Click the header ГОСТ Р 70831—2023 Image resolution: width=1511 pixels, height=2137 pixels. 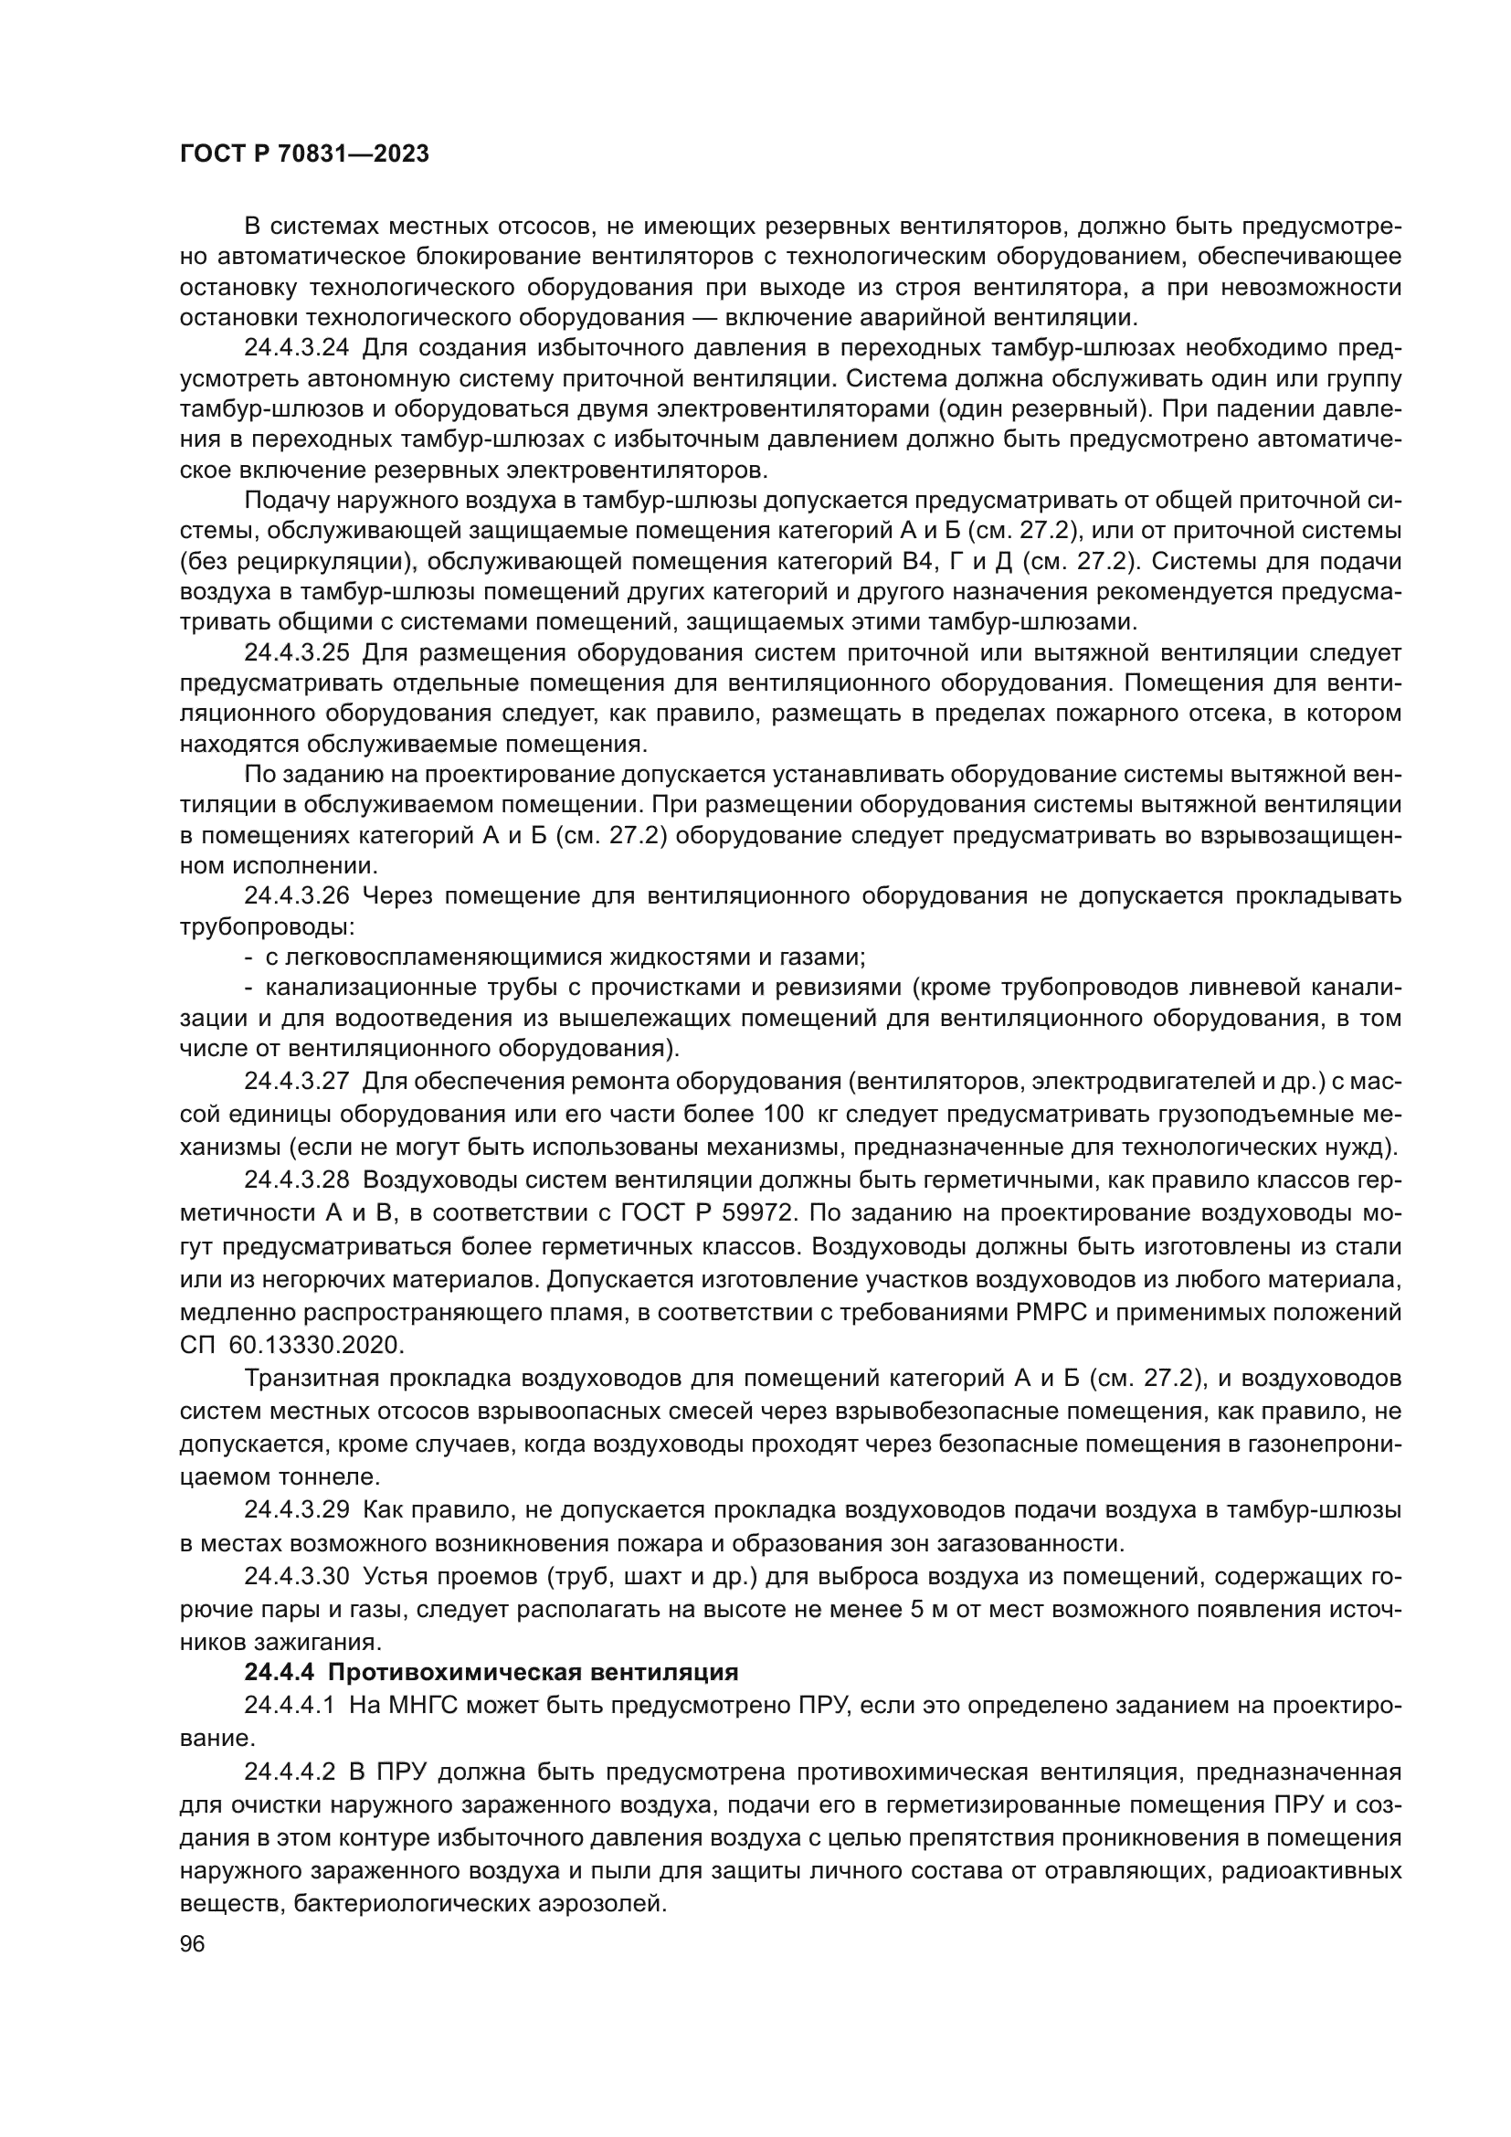click(304, 154)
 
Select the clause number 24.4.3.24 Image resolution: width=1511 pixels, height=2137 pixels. click(297, 349)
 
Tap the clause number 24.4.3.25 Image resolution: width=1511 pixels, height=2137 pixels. click(297, 653)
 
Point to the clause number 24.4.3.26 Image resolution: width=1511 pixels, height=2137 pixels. click(297, 896)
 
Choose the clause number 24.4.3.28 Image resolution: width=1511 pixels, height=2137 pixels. click(297, 1180)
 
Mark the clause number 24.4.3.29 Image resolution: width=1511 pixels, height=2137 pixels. click(297, 1509)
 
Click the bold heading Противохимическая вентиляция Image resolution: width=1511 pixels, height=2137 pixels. click(534, 1673)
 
